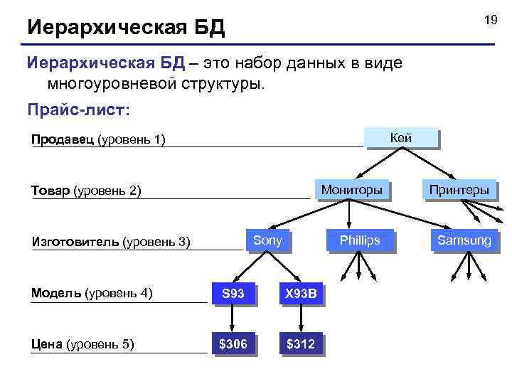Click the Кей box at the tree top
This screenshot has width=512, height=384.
coord(401,139)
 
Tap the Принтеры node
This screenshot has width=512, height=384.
coord(458,190)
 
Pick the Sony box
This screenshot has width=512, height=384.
coord(267,240)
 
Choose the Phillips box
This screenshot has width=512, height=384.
coord(359,240)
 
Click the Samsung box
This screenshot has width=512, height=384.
coord(464,240)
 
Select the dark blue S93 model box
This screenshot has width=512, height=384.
coord(233,293)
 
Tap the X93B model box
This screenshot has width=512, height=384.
coord(302,293)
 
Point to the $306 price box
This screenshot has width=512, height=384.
coord(233,344)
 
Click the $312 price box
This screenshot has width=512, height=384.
coord(302,344)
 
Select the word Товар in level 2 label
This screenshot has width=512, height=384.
coord(50,191)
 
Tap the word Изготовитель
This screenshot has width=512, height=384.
coord(75,242)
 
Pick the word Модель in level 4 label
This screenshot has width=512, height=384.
coord(56,292)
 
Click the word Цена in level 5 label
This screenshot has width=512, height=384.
coord(47,344)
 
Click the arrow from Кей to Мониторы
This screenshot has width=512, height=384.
coord(376,164)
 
